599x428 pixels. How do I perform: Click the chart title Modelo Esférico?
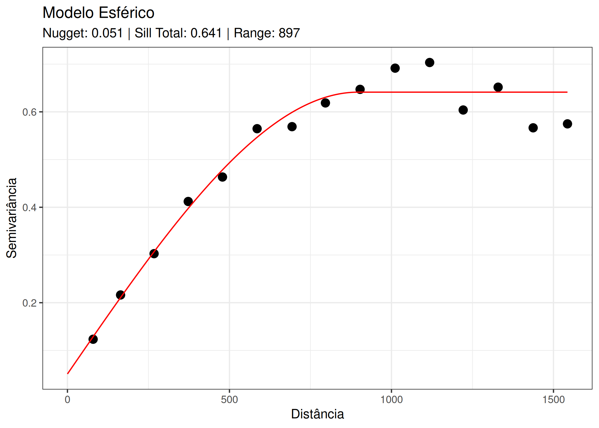[98, 13]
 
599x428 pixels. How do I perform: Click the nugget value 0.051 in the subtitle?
[107, 33]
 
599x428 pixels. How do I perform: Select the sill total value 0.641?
[206, 33]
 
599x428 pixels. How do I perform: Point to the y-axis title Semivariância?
[12, 218]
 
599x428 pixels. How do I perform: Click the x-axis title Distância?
[317, 414]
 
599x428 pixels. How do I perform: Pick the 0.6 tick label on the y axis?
[30, 112]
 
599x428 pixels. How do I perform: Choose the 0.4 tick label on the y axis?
[30, 207]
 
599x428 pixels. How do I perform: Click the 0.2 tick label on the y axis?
[30, 303]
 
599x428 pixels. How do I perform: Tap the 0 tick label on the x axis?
[67, 400]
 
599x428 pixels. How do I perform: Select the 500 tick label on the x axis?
[229, 400]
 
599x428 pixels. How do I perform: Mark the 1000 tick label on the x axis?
[391, 400]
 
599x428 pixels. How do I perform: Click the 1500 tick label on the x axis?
[553, 400]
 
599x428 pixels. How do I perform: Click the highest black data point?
[430, 62]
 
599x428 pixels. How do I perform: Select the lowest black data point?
[93, 339]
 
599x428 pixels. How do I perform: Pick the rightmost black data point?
[567, 124]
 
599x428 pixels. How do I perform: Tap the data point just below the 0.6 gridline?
[463, 110]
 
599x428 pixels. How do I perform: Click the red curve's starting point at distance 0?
[68, 374]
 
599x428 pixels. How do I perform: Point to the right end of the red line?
[567, 92]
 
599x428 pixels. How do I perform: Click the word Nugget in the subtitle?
[65, 33]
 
